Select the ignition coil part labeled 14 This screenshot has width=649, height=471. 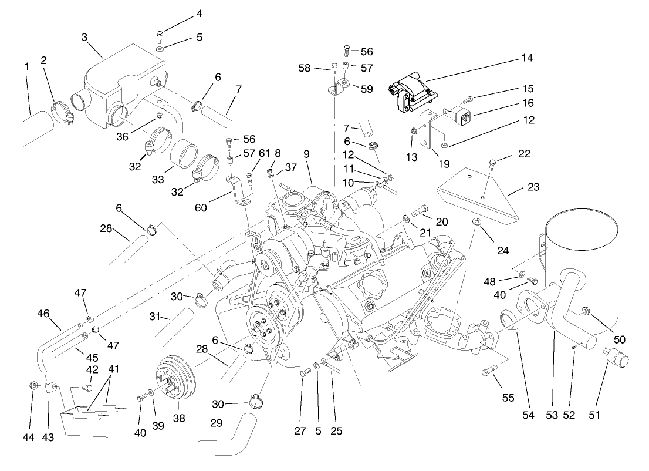coord(412,95)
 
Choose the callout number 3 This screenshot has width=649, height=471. coord(84,38)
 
